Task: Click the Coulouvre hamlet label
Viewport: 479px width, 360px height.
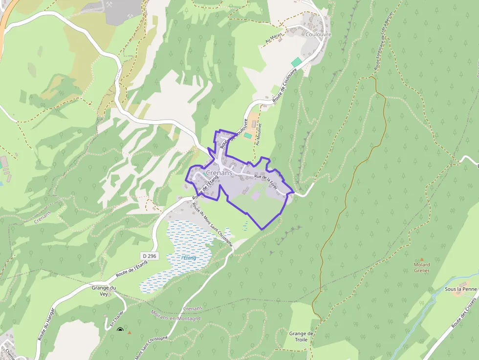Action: click(318, 35)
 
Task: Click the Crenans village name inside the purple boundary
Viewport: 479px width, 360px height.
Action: click(219, 173)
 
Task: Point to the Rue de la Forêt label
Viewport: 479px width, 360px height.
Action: click(266, 182)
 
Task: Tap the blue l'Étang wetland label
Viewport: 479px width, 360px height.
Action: click(189, 257)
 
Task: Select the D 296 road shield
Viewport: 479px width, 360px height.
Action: click(150, 256)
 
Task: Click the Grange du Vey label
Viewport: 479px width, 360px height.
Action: click(104, 291)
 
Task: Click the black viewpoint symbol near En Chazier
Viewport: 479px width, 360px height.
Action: click(120, 331)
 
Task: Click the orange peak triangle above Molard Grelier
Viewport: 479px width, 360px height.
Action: click(422, 259)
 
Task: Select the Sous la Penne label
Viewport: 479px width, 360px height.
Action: click(460, 289)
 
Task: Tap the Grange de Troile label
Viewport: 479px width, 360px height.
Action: click(301, 337)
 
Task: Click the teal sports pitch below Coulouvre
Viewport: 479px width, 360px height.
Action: click(296, 62)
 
